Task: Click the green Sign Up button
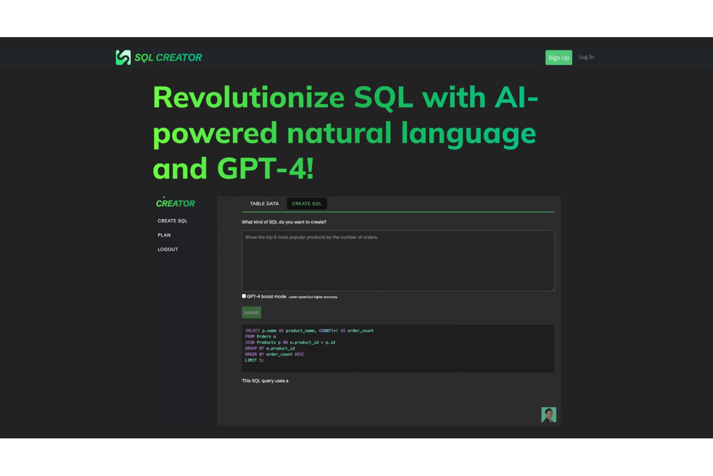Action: tap(559, 58)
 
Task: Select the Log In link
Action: tap(586, 57)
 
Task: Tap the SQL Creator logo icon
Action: tap(123, 58)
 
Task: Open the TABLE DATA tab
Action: tap(264, 203)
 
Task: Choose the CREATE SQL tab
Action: tap(307, 203)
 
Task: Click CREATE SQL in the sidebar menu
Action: tap(173, 220)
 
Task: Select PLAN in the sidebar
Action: tap(164, 235)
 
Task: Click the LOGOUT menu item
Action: tap(168, 249)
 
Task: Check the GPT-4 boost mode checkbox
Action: tap(244, 296)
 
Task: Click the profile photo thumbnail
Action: tap(549, 415)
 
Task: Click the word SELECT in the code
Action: tap(252, 331)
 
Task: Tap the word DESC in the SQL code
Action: tap(299, 354)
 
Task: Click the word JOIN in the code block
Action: tap(250, 342)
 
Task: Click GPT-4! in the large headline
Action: tap(265, 169)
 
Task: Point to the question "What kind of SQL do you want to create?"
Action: tap(284, 222)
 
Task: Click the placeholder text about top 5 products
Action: tap(312, 237)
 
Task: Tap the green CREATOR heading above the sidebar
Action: tap(175, 203)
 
